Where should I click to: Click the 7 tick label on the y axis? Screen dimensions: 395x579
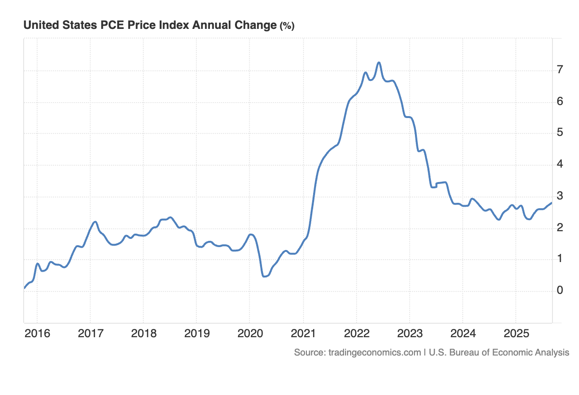(x=559, y=70)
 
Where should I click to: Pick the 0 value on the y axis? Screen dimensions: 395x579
(x=559, y=290)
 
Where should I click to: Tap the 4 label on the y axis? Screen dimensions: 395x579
(x=559, y=165)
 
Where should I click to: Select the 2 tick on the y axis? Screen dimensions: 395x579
(x=559, y=228)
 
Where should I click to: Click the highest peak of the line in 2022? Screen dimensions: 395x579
(x=379, y=63)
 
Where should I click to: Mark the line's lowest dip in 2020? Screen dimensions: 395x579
(x=264, y=276)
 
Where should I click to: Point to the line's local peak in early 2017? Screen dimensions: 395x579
(x=95, y=222)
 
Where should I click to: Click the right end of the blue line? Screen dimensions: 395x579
(x=551, y=203)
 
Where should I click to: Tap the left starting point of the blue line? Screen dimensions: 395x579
(x=24, y=288)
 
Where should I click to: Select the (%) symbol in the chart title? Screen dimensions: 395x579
(x=287, y=26)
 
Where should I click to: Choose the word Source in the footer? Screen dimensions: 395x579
(x=309, y=353)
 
